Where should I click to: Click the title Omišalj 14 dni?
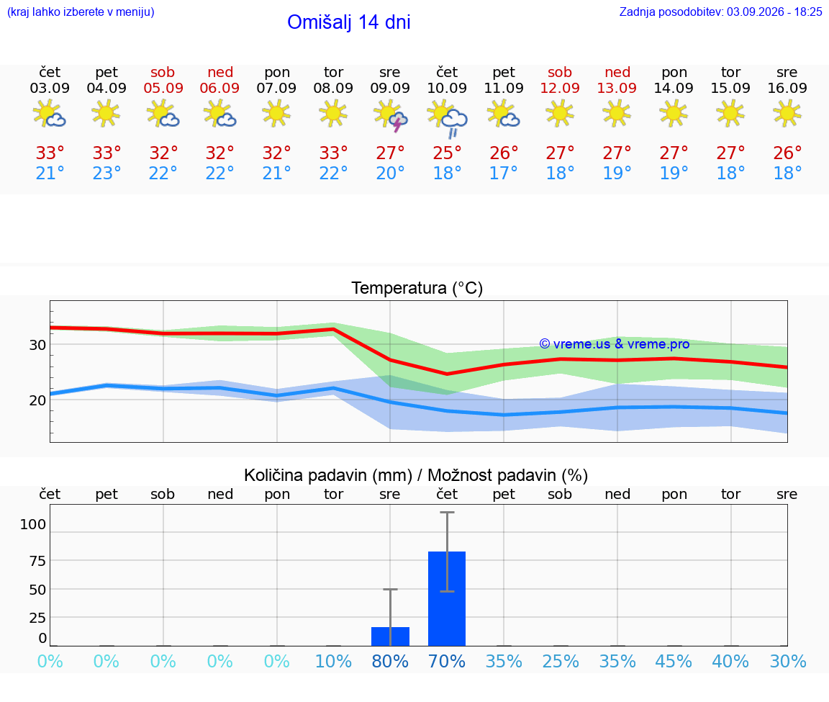coord(349,22)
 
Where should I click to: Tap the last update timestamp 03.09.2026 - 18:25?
coord(774,12)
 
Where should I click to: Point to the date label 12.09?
coord(560,88)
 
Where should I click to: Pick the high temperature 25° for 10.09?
coord(448,153)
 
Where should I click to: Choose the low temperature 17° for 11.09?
coord(503,173)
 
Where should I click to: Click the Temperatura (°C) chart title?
coord(417,288)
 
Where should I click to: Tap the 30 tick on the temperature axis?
coord(37,345)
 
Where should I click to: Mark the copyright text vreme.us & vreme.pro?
coord(615,344)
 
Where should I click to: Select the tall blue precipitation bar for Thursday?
coord(447,598)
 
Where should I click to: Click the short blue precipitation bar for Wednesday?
coord(390,636)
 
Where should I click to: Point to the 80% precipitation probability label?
coord(390,661)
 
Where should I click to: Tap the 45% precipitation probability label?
coord(674,661)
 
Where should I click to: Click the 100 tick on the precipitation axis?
coord(33,524)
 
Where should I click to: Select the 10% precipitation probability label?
coord(333,661)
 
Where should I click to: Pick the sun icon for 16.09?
coord(787,113)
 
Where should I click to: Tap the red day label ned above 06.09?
coord(220,72)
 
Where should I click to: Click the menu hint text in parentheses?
coord(81,12)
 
